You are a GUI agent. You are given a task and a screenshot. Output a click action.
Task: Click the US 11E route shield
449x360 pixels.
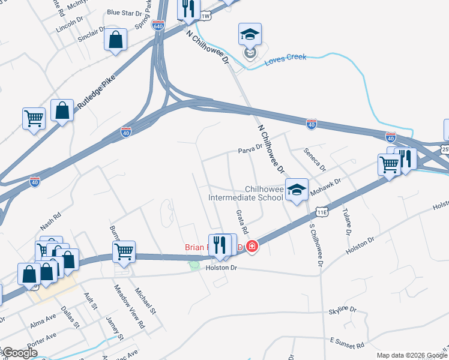[x=322, y=212]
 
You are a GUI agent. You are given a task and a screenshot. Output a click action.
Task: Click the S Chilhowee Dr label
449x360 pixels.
[x=316, y=245]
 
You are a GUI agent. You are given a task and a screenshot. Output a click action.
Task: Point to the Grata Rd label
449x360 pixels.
[x=242, y=221]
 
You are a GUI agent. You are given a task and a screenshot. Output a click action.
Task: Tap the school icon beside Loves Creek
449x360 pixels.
[x=250, y=34]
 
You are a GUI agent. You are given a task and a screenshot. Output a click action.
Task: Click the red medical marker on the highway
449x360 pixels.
[x=252, y=246]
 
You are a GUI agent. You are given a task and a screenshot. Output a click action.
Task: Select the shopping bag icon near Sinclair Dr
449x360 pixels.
[x=115, y=40]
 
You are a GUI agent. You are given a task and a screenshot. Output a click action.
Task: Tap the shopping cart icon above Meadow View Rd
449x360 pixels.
[x=124, y=252]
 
